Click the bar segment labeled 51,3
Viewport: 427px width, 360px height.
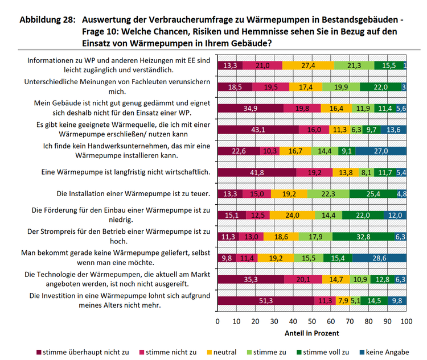266,301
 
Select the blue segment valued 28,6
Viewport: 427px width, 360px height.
379,258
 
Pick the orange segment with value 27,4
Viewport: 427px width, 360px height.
308,65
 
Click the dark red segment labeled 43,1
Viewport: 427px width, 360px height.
258,129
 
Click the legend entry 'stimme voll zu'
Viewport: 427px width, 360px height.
326,352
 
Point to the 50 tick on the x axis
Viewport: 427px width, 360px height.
312,321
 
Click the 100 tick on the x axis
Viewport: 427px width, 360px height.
406,321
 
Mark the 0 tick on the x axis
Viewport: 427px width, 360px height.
217,321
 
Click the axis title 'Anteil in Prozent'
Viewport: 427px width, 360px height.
311,333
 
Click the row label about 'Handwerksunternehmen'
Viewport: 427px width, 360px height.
127,151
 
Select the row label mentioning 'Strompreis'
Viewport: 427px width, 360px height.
120,237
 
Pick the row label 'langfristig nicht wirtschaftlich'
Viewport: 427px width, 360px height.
127,172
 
